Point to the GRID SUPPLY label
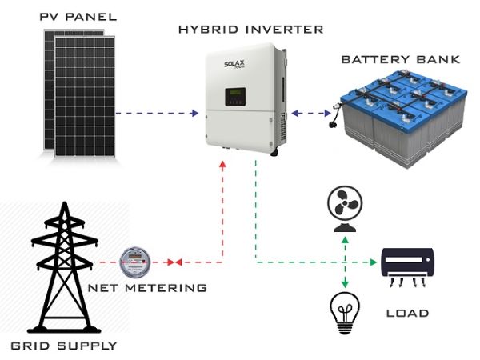[x=64, y=346]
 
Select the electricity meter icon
[x=134, y=261]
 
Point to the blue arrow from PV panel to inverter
[x=156, y=114]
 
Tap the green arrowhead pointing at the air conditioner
[x=373, y=262]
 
